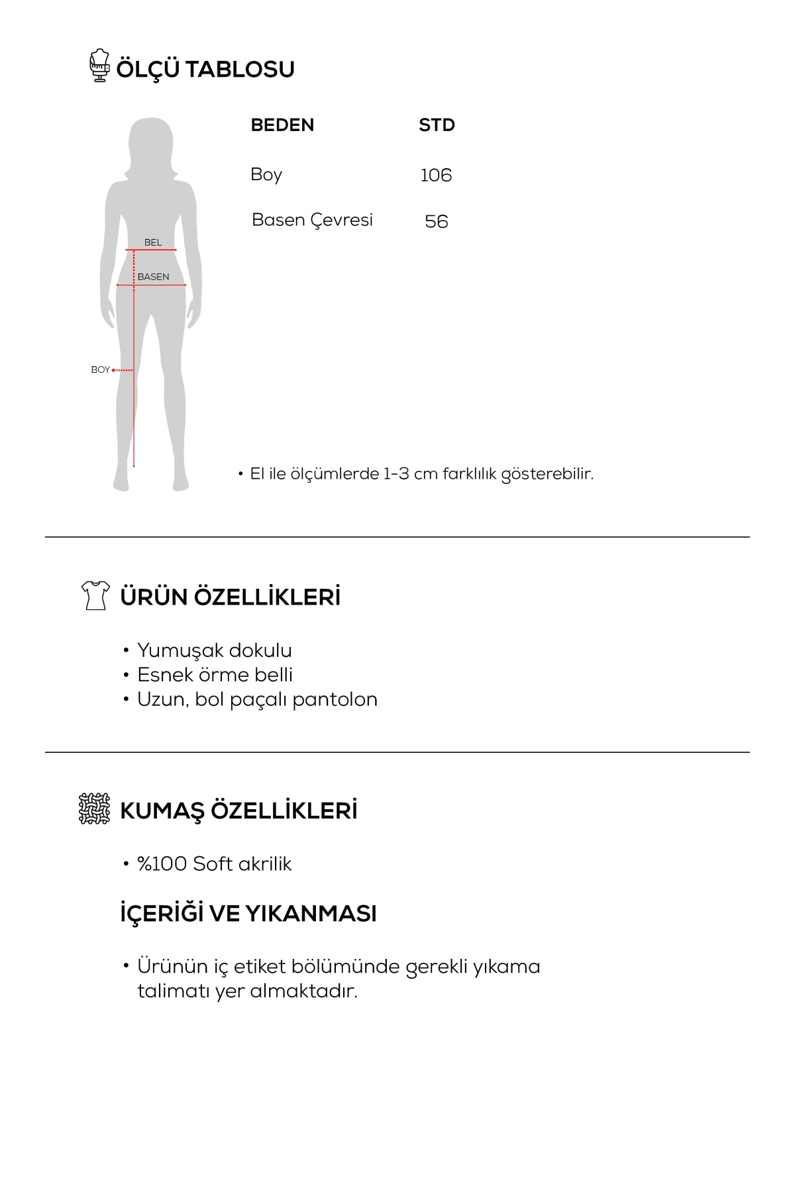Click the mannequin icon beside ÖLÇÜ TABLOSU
[99, 66]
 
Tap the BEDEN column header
[282, 125]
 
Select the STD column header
[437, 125]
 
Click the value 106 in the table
[436, 175]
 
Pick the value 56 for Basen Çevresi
[437, 221]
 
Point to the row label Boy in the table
[266, 175]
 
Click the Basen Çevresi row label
[312, 220]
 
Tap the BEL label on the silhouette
[153, 242]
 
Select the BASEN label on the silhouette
[153, 277]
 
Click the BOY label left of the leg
[100, 370]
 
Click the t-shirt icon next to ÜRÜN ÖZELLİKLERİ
[95, 595]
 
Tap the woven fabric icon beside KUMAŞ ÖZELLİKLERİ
[94, 809]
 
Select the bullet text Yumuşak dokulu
[214, 650]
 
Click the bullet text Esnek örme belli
[215, 675]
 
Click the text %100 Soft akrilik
[214, 864]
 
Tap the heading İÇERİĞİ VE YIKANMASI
[248, 914]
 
